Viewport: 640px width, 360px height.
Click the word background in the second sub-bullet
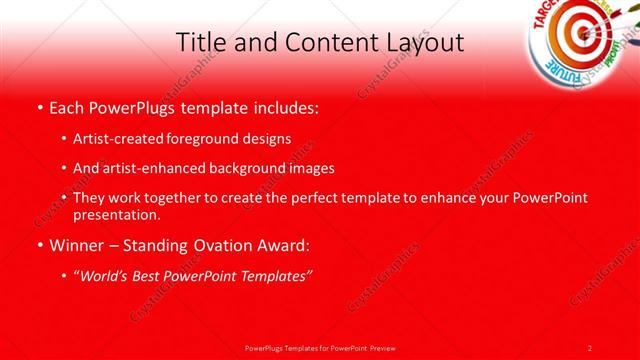(249, 168)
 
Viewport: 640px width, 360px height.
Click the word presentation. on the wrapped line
(116, 214)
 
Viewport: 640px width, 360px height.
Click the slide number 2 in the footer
(590, 347)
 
